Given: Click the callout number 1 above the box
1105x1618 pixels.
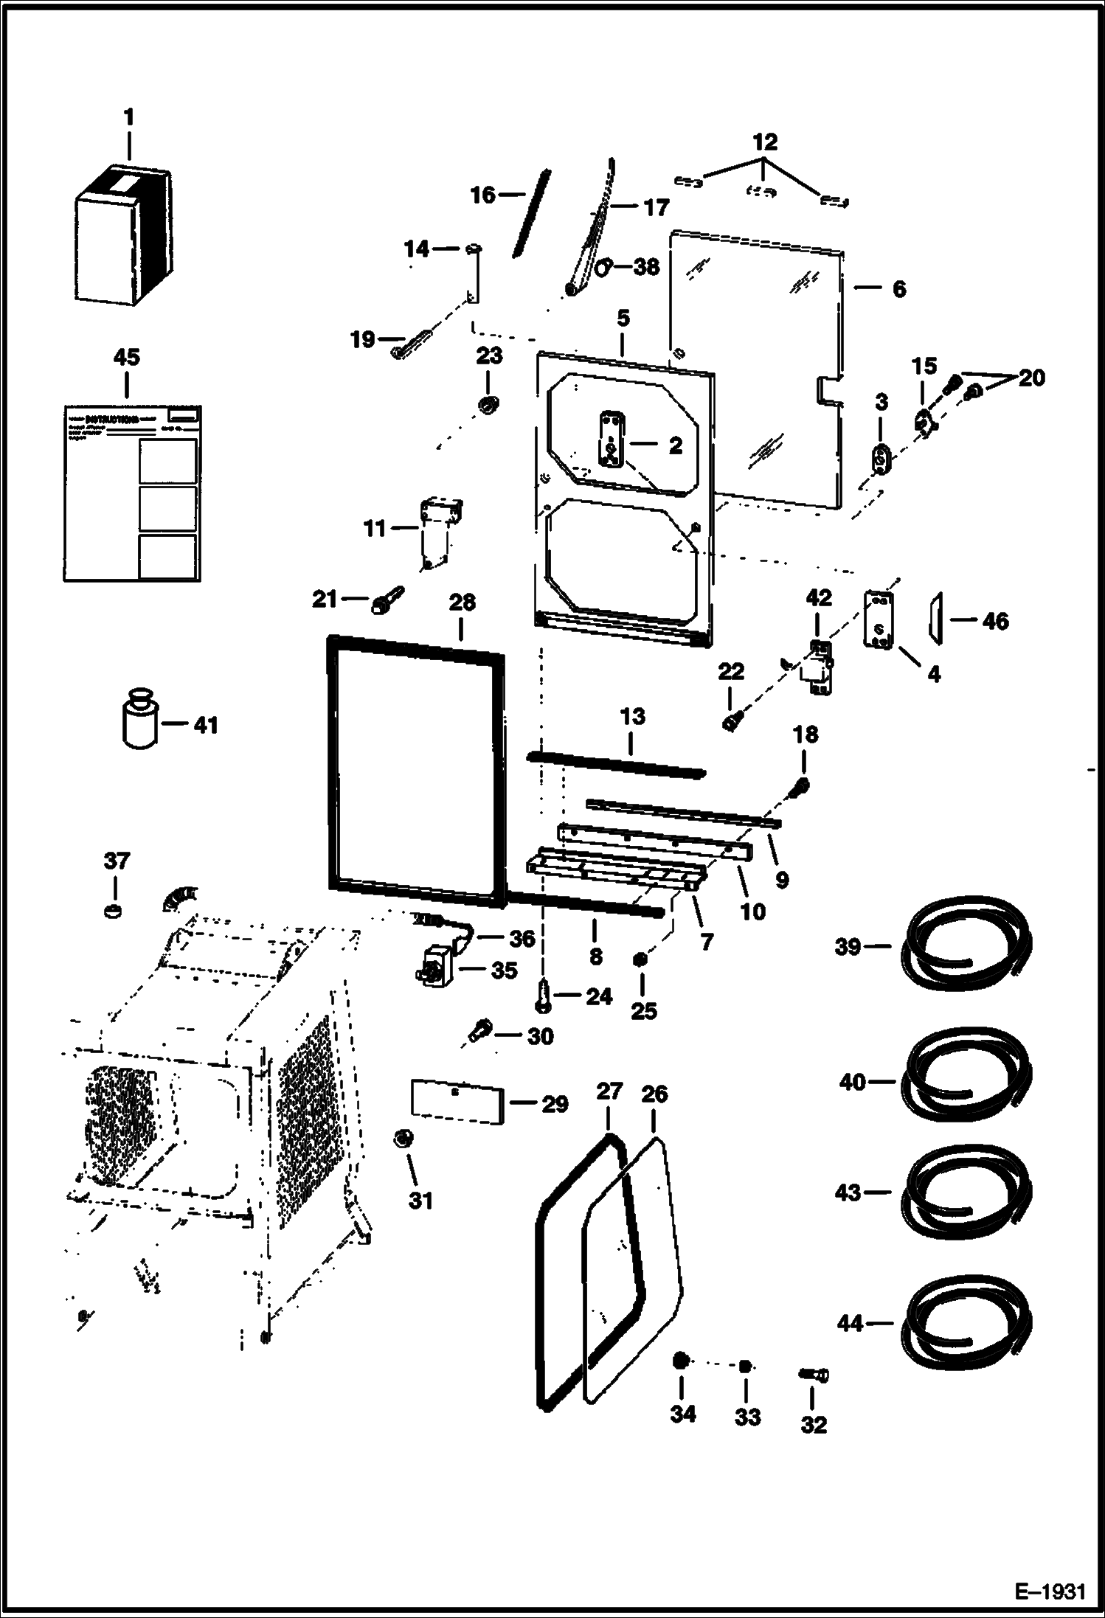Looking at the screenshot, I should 129,117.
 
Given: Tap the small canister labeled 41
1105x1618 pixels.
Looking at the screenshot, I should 137,721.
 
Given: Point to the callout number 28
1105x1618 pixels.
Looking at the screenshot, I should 462,602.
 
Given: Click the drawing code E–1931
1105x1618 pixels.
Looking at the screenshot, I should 1050,1589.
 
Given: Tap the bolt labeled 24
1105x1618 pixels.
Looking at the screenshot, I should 544,996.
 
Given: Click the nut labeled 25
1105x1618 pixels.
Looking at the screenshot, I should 641,959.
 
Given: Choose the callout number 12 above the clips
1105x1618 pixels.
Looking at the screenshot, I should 765,141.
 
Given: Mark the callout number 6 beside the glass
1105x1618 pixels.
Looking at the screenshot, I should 898,288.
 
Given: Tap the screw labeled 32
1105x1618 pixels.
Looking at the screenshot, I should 813,1375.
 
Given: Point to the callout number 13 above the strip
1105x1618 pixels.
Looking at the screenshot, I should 632,716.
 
